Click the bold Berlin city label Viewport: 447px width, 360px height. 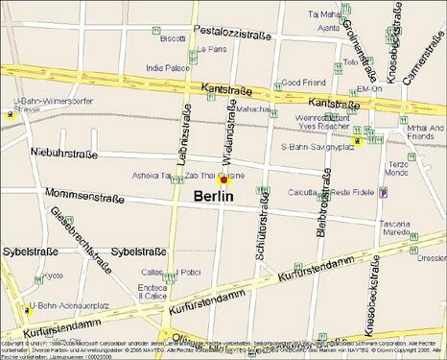(x=214, y=196)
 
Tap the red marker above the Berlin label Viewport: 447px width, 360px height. (x=223, y=180)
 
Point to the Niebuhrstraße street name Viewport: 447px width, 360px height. (x=64, y=153)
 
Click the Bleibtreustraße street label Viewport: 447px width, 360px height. (x=323, y=205)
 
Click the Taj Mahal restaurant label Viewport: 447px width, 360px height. (x=324, y=14)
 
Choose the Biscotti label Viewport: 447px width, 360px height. (x=173, y=38)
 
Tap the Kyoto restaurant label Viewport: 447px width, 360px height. (x=53, y=276)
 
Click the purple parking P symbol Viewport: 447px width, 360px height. (x=383, y=192)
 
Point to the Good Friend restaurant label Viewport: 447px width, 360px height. (x=303, y=83)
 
